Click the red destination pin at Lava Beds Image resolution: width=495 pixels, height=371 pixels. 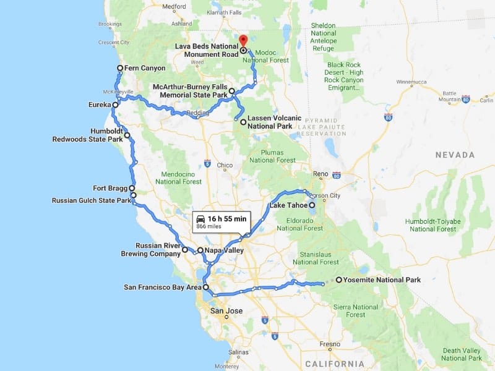(x=243, y=40)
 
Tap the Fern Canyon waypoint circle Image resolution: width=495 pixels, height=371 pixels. (x=120, y=68)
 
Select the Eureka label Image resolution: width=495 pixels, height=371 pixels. (x=99, y=105)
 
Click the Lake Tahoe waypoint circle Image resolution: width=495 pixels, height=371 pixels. (x=312, y=205)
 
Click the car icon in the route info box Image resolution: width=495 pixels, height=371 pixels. (x=200, y=219)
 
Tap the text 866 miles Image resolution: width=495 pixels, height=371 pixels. (x=209, y=227)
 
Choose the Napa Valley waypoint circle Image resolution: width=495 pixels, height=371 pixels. (x=200, y=250)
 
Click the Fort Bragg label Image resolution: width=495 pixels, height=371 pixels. (x=110, y=188)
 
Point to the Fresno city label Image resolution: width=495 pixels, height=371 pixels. (x=330, y=344)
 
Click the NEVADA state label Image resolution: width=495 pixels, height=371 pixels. (x=454, y=155)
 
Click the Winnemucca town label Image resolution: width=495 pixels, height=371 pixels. (x=413, y=82)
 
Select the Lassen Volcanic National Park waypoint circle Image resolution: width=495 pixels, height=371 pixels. (x=243, y=122)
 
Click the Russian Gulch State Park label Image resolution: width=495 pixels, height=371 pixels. (x=91, y=200)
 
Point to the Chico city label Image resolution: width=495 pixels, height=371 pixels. (x=225, y=165)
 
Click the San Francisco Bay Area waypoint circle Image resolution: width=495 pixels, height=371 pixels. (x=206, y=288)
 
